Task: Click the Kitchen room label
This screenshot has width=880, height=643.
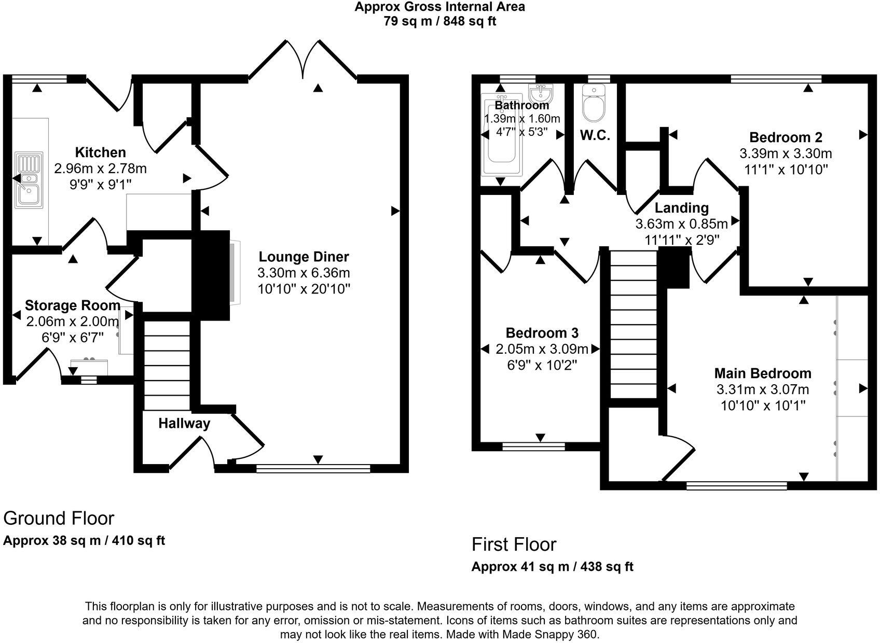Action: [100, 152]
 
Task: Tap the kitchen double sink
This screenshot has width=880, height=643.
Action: [29, 180]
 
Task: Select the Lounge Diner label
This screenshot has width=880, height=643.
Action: [304, 257]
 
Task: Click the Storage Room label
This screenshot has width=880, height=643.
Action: [73, 305]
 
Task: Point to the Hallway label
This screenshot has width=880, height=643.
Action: [184, 424]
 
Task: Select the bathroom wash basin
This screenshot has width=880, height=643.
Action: [541, 94]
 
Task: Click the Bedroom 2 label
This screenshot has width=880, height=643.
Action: [786, 137]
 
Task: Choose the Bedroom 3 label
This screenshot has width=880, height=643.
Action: [542, 333]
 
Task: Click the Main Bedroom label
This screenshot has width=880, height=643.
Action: [762, 373]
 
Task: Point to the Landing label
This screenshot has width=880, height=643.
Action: [681, 208]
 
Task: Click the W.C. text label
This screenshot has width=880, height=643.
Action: [595, 136]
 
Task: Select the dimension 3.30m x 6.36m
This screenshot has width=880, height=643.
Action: [304, 273]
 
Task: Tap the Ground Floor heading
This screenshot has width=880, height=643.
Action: [59, 518]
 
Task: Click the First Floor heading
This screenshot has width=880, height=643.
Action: [514, 544]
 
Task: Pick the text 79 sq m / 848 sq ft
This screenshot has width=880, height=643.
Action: [439, 21]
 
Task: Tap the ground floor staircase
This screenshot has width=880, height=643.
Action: [167, 366]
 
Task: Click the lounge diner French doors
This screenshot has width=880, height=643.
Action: [303, 60]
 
